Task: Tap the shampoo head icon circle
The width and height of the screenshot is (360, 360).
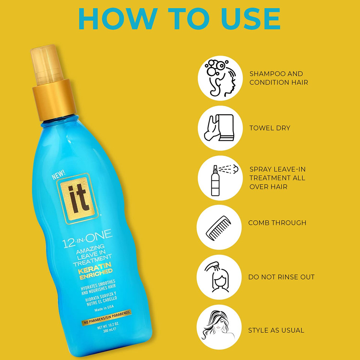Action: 220,78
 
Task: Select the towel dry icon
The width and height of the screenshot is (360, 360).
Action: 220,128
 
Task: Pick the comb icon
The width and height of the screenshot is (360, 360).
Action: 219,227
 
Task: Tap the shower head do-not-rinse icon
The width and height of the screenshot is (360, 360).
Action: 219,277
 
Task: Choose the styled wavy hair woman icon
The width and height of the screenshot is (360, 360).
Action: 219,327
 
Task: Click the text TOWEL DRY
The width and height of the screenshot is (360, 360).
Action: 270,128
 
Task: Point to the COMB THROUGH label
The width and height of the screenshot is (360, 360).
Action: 277,223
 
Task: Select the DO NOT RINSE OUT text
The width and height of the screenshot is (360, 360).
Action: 281,277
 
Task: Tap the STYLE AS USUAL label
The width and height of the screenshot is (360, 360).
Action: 276,330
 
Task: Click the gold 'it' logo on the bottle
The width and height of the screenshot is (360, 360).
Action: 78,196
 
